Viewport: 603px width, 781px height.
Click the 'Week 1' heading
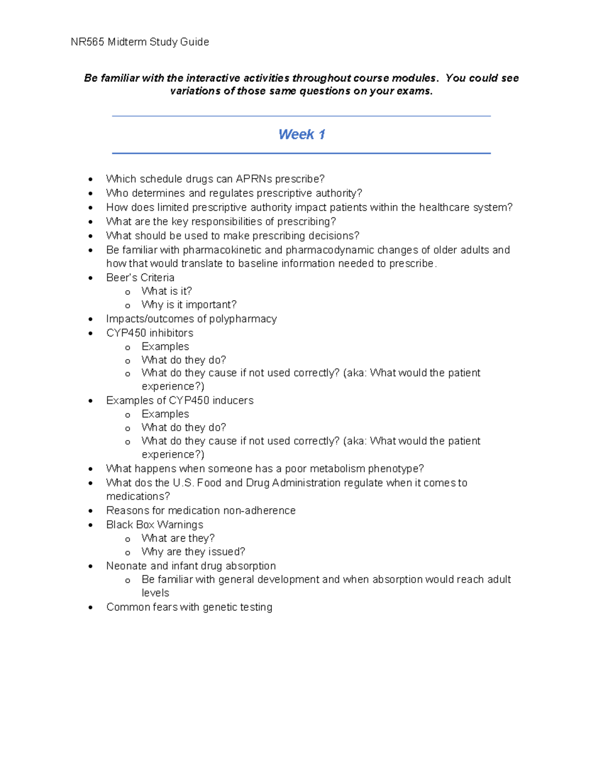(x=301, y=135)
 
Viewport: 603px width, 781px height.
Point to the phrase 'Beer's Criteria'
(x=140, y=278)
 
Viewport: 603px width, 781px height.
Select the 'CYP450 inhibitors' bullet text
(x=149, y=333)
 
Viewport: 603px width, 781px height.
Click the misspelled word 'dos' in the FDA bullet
(x=143, y=483)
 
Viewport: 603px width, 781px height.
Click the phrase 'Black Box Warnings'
(x=154, y=525)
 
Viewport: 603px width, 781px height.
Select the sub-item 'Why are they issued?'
(x=193, y=552)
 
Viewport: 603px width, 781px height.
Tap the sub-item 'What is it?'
(x=166, y=291)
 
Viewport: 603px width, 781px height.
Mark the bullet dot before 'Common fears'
(x=90, y=608)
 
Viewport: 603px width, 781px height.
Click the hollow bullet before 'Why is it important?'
(x=128, y=306)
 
